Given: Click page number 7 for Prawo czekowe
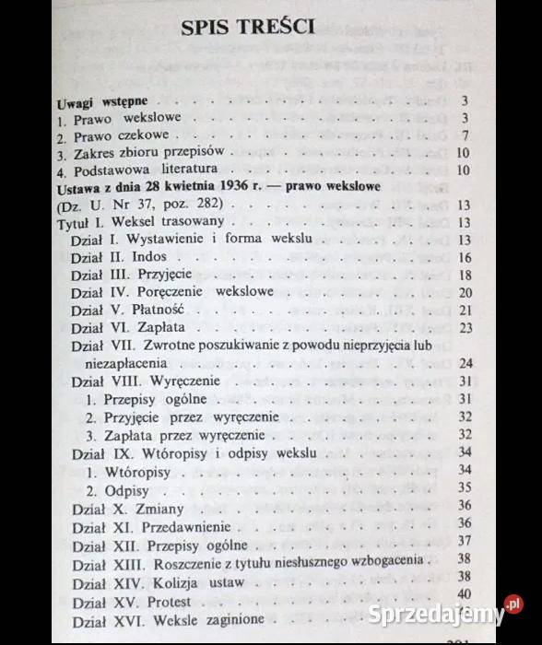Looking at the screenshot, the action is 467,135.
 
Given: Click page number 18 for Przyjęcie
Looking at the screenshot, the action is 464,275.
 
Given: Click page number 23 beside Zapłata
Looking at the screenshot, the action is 464,327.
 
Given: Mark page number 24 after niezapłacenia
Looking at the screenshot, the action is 464,362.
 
